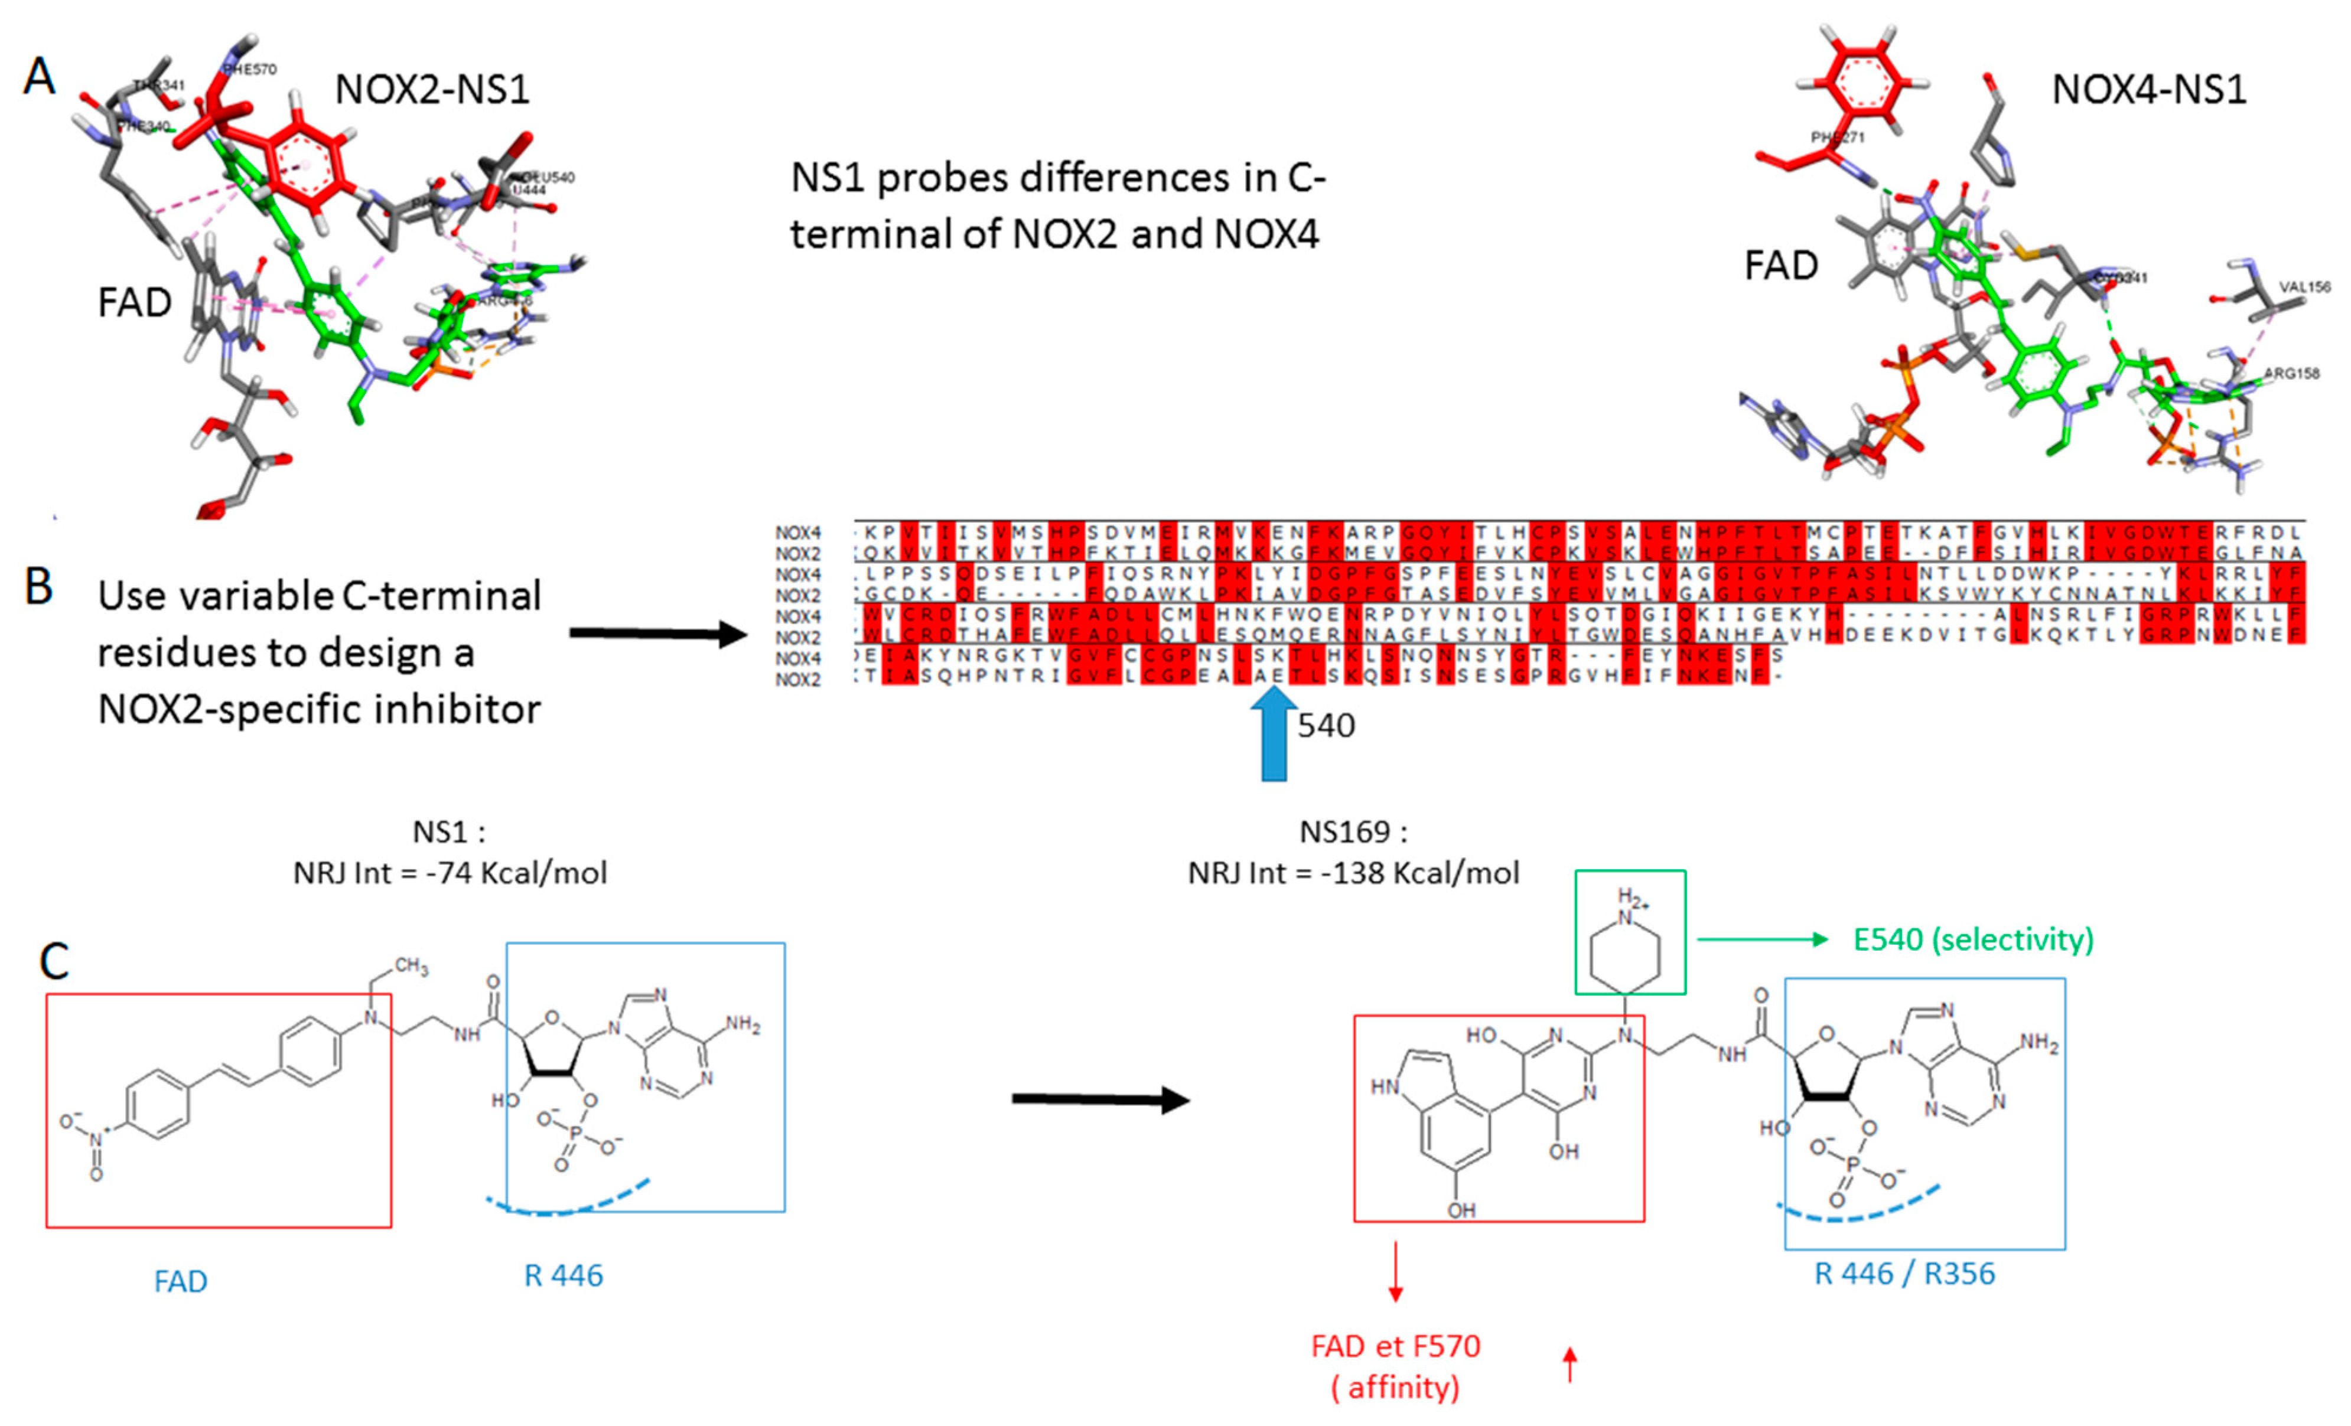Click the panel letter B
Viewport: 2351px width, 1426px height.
pos(38,586)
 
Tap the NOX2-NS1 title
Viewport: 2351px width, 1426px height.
pos(431,90)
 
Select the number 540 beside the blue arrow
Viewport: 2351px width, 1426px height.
pos(1326,726)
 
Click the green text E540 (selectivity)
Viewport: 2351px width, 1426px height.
pos(1973,939)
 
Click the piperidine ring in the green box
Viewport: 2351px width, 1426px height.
pos(1626,949)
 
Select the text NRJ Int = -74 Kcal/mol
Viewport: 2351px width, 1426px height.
pos(450,873)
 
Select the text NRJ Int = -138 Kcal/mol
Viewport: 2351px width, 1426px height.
pos(1353,873)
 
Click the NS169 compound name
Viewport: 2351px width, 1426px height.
pos(1346,832)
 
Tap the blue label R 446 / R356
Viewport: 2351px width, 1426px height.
pos(1903,1274)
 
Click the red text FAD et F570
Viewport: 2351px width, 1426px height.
pos(1395,1346)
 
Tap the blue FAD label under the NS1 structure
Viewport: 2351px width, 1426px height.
pos(180,1281)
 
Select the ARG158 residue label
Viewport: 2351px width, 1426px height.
pos(2292,373)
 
